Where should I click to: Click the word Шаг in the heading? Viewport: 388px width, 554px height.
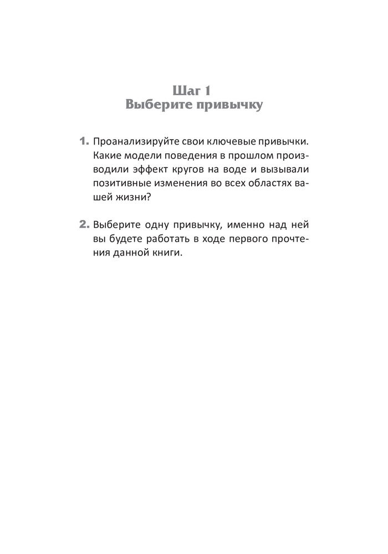point(185,89)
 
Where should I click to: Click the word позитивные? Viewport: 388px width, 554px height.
point(121,182)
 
